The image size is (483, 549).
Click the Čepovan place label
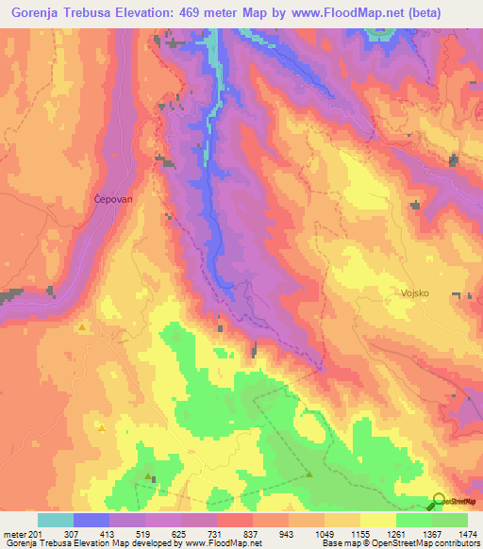tap(111, 198)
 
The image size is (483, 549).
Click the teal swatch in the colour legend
tap(55, 520)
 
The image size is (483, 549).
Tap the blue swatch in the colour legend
tap(91, 520)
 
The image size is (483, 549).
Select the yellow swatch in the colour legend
tap(377, 520)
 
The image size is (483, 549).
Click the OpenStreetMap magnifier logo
tap(437, 500)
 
